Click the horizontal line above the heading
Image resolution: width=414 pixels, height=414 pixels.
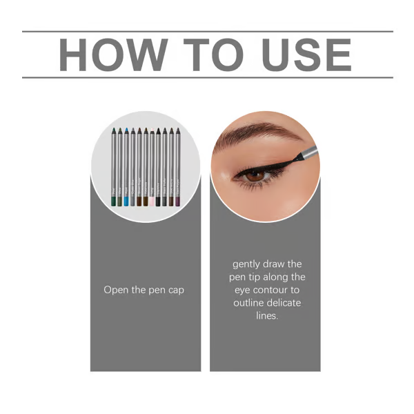207,31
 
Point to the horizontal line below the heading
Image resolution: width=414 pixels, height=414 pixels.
207,77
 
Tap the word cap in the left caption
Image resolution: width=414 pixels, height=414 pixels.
176,290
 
